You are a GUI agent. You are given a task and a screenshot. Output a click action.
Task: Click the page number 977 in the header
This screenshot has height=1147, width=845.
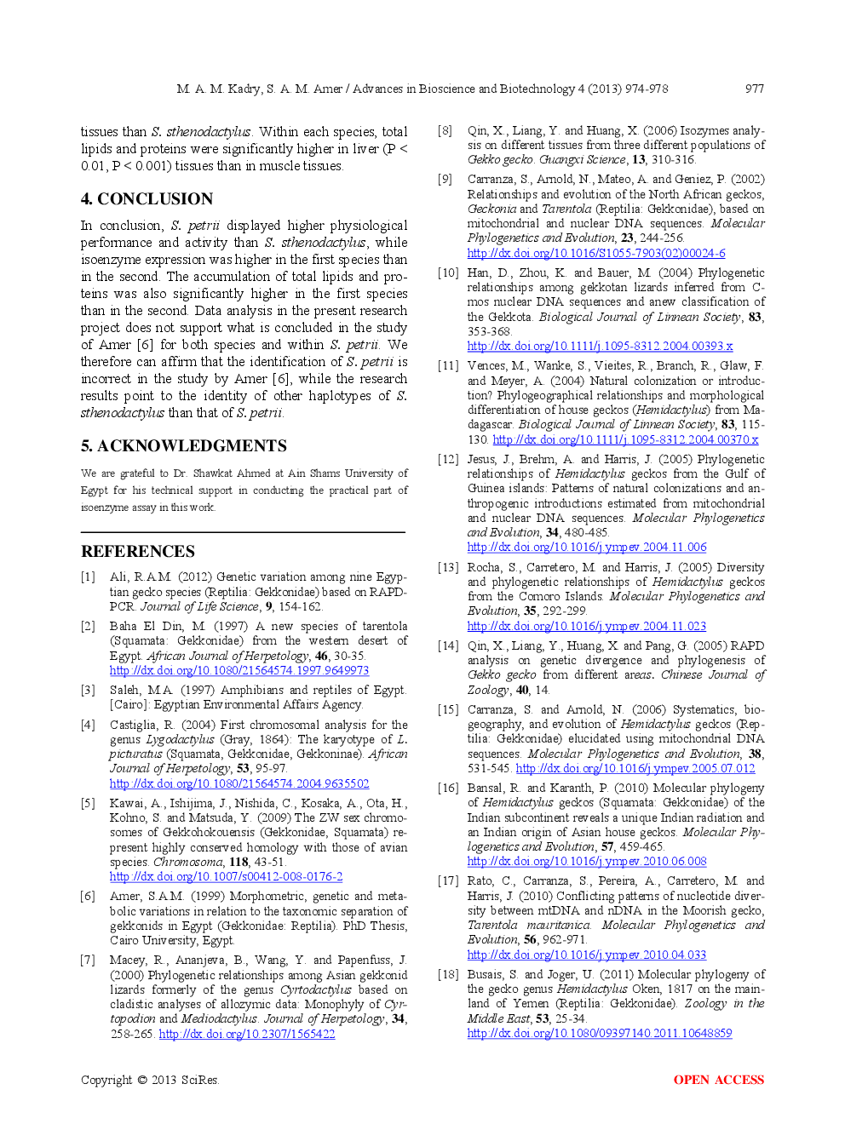pyautogui.click(x=754, y=89)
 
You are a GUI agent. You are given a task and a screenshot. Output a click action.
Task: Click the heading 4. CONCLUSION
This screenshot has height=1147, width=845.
pyautogui.click(x=147, y=199)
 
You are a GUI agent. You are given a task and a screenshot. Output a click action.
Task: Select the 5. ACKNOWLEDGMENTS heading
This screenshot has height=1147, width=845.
pyautogui.click(x=183, y=446)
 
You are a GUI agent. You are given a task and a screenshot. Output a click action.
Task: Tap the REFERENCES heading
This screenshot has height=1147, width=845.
pyautogui.click(x=138, y=552)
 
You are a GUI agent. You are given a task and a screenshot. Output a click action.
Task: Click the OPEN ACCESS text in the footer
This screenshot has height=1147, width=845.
pyautogui.click(x=718, y=1080)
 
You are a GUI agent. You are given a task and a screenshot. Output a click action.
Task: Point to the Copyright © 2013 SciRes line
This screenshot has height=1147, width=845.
pyautogui.click(x=149, y=1080)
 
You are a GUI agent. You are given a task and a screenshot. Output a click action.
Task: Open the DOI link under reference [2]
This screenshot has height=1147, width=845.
pyautogui.click(x=239, y=671)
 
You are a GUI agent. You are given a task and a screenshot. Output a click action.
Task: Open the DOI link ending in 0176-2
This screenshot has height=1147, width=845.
pyautogui.click(x=227, y=876)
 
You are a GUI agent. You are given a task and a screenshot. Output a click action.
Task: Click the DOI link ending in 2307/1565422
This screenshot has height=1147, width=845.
pyautogui.click(x=247, y=1034)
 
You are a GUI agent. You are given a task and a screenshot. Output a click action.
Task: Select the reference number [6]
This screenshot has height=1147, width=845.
pyautogui.click(x=88, y=896)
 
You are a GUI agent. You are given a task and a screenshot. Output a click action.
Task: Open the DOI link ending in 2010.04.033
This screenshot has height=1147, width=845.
pyautogui.click(x=587, y=955)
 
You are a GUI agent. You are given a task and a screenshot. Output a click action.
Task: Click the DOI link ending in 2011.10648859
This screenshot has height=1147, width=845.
pyautogui.click(x=600, y=1033)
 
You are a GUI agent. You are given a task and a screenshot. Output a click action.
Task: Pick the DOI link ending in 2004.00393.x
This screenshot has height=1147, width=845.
pyautogui.click(x=600, y=346)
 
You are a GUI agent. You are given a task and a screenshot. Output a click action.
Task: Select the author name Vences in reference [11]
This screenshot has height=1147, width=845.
pyautogui.click(x=486, y=365)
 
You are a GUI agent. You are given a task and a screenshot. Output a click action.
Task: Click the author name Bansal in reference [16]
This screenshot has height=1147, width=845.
pyautogui.click(x=485, y=788)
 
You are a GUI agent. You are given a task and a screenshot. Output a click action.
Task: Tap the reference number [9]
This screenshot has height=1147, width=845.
pyautogui.click(x=445, y=179)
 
